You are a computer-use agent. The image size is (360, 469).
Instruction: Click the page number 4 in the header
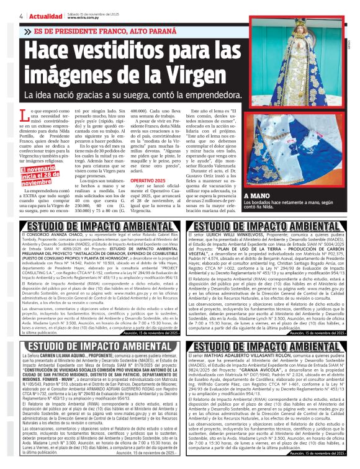coord(22,15)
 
